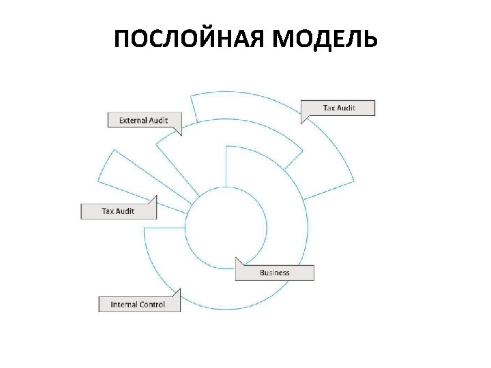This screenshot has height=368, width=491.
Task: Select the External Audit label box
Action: tap(145, 121)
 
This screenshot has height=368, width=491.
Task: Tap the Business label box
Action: tap(275, 273)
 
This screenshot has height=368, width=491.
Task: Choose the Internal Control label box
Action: tap(138, 305)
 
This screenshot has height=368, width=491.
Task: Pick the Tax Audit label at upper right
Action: tap(338, 108)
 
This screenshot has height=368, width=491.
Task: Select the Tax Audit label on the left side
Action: tap(118, 211)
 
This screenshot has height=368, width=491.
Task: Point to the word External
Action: tap(134, 121)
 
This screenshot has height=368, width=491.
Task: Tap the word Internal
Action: tap(124, 305)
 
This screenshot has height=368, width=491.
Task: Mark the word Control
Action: tap(153, 305)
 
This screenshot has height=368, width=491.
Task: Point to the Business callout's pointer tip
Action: tap(236, 258)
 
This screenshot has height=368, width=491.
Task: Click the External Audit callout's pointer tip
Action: tap(181, 136)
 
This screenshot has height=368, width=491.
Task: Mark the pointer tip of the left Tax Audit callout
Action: tap(157, 196)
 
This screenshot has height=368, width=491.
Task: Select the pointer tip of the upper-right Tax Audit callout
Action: tap(302, 123)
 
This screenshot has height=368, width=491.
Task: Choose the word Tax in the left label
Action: tap(108, 211)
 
